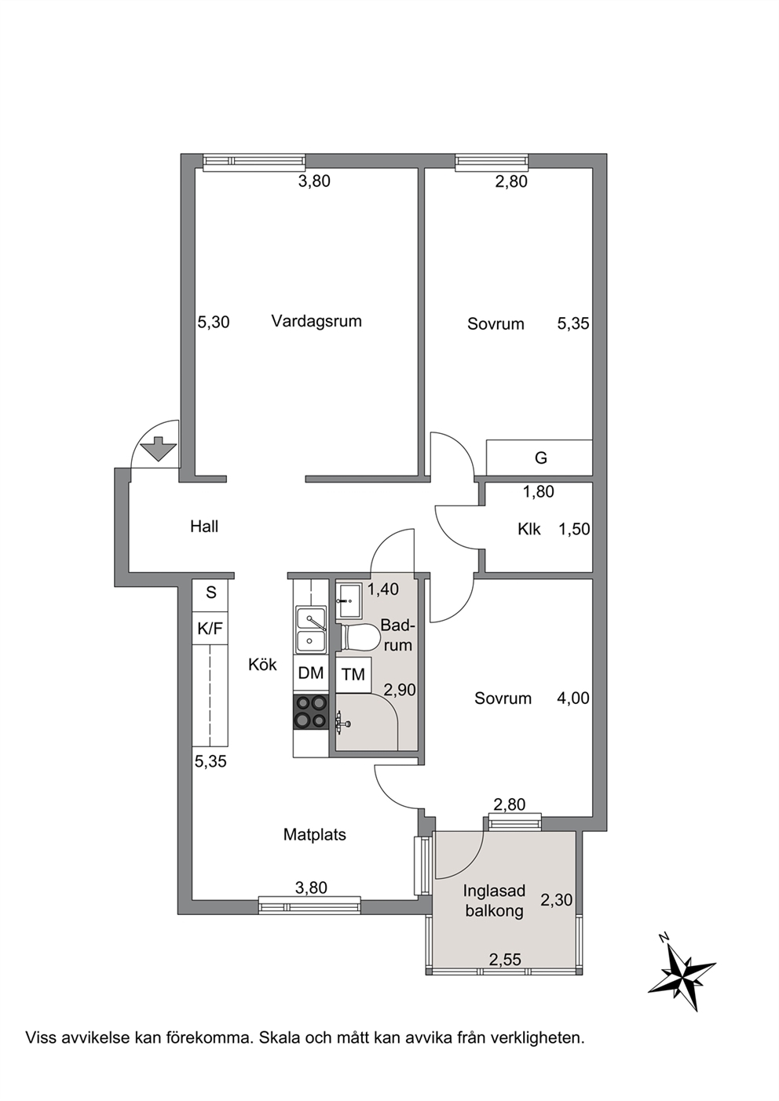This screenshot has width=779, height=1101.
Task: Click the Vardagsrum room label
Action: [316, 322]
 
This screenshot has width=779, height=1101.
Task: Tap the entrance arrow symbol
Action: [158, 448]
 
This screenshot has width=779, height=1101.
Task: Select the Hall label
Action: [204, 527]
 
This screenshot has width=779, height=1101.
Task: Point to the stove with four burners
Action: [310, 713]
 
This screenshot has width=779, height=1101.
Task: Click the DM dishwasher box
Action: [311, 673]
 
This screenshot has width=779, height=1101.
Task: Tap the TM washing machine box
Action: [353, 675]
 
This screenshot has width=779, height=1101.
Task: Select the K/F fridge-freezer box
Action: [210, 628]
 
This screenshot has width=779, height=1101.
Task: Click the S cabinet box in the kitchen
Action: [210, 593]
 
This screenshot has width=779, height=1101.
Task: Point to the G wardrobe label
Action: [540, 458]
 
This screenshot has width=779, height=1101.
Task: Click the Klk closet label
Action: [529, 530]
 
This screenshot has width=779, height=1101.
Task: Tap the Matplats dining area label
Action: [315, 835]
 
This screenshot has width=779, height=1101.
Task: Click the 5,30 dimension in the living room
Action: [214, 323]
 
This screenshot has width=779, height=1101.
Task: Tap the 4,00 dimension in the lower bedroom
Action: [573, 698]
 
